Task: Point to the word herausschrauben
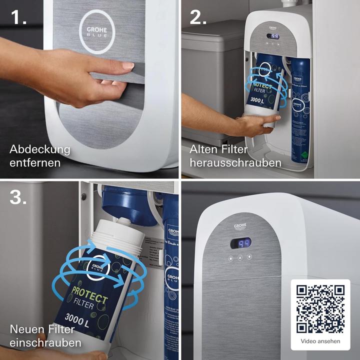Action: click(x=235, y=163)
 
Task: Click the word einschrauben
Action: click(x=45, y=343)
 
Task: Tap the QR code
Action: click(x=320, y=309)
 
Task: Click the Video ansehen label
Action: click(x=320, y=341)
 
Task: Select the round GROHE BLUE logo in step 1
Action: click(x=96, y=31)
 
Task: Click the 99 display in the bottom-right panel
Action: click(x=240, y=243)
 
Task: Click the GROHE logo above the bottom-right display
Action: click(x=240, y=227)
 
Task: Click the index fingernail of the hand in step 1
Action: click(x=128, y=66)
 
